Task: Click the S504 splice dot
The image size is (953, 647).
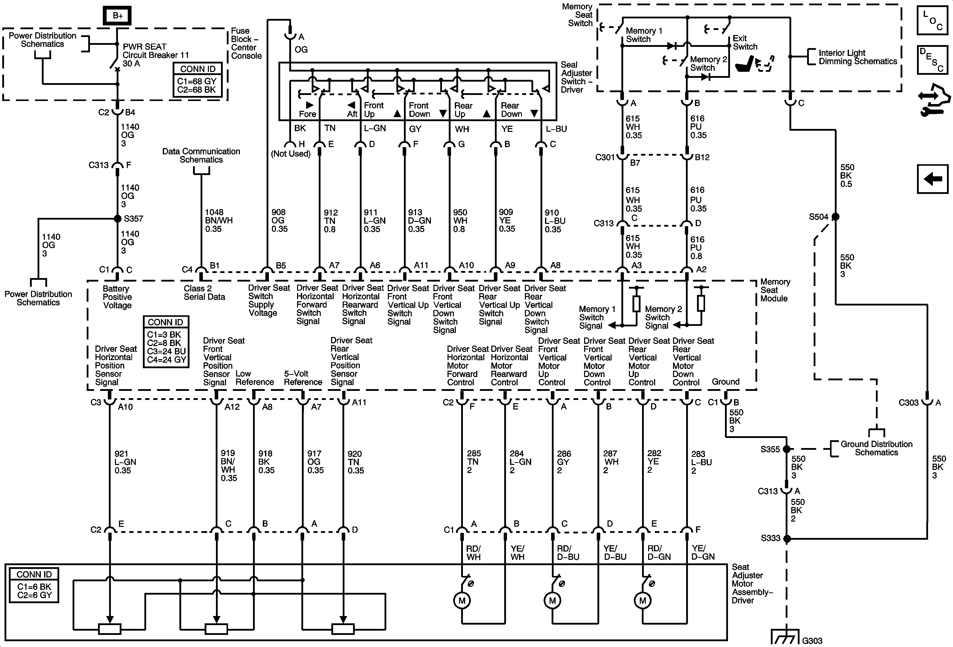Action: (835, 217)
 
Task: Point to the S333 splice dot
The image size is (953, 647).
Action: (786, 538)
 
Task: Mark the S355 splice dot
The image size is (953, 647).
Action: (786, 449)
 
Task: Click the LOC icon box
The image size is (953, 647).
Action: (932, 20)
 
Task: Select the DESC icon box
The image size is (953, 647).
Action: (932, 60)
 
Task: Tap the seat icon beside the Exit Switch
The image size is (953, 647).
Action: (754, 63)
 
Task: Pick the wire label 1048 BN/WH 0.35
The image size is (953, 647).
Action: (218, 220)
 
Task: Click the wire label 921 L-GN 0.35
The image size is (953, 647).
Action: (125, 462)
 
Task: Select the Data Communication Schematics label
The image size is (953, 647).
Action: (201, 156)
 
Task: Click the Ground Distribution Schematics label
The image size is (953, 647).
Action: (876, 448)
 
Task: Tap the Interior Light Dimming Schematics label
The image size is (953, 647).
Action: (857, 57)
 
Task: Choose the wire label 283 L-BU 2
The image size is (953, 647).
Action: (701, 462)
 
